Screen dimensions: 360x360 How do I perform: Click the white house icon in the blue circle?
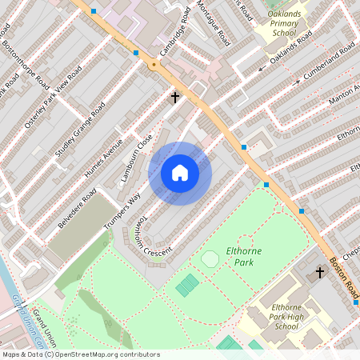point(180,173)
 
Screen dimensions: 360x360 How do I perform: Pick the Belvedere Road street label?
point(77,208)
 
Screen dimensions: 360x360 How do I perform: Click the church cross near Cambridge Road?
point(174,98)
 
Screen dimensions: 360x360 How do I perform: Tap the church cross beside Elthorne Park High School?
point(320,273)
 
